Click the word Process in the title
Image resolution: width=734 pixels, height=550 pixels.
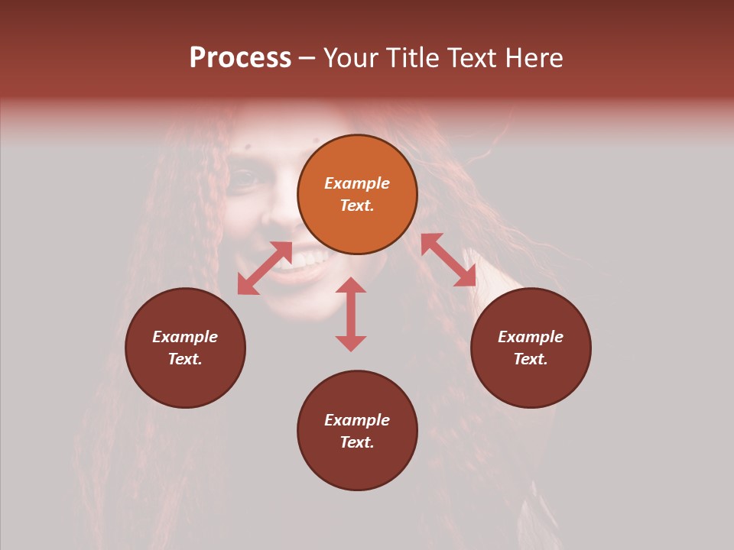[x=240, y=58]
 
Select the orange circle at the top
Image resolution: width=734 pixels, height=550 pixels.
[x=357, y=195]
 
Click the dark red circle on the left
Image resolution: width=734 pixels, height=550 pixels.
[x=185, y=348]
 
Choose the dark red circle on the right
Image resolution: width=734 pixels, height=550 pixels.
[x=531, y=348]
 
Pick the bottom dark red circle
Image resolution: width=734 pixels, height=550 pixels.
[x=357, y=431]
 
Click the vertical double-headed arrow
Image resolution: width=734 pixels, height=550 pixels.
[x=351, y=315]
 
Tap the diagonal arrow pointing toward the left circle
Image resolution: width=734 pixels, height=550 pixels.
[x=265, y=268]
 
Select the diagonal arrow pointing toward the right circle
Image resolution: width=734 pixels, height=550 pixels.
[x=448, y=260]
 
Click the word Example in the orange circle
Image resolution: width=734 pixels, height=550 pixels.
[x=357, y=183]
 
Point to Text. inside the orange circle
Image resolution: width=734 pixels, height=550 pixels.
[x=357, y=205]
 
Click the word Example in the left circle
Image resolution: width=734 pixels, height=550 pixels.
[x=185, y=337]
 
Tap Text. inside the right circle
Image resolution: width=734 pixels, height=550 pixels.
[x=531, y=359]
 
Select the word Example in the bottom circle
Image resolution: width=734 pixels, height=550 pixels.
[x=357, y=420]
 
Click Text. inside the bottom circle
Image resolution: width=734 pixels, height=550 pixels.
[x=357, y=442]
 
